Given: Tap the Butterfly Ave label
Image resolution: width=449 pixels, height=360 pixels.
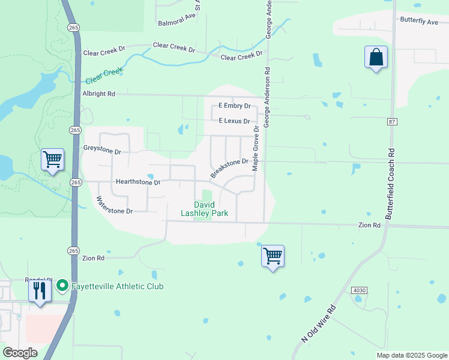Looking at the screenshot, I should tap(419, 21).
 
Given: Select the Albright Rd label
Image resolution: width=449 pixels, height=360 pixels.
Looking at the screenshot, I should tap(98, 94).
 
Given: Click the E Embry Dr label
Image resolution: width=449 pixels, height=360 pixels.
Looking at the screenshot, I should tap(234, 106).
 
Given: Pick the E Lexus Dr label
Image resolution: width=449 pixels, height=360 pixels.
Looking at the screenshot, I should tap(234, 121).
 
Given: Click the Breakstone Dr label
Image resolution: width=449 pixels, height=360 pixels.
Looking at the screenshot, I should tap(229, 167).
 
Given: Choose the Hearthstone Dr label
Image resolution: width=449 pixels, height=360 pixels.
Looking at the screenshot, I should tap(138, 181).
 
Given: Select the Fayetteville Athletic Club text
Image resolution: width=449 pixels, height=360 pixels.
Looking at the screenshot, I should tap(118, 286).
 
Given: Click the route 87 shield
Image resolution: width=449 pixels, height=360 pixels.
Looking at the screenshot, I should tap(392, 122).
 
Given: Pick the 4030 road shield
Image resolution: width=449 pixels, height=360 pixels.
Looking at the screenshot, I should tap(360, 290).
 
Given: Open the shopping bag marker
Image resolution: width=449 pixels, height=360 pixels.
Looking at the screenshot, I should tap(376, 58).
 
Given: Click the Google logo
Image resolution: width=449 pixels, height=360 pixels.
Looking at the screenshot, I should tap(20, 353).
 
